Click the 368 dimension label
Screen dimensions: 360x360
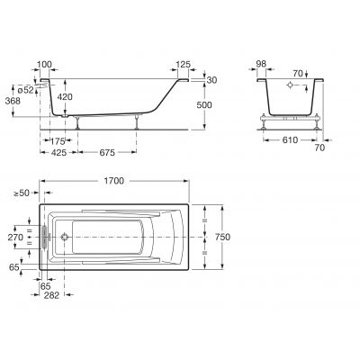pos(13,102)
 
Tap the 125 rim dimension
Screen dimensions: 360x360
pos(184,65)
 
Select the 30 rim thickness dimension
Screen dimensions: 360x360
pos(213,79)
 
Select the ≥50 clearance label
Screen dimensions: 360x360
pos(19,193)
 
